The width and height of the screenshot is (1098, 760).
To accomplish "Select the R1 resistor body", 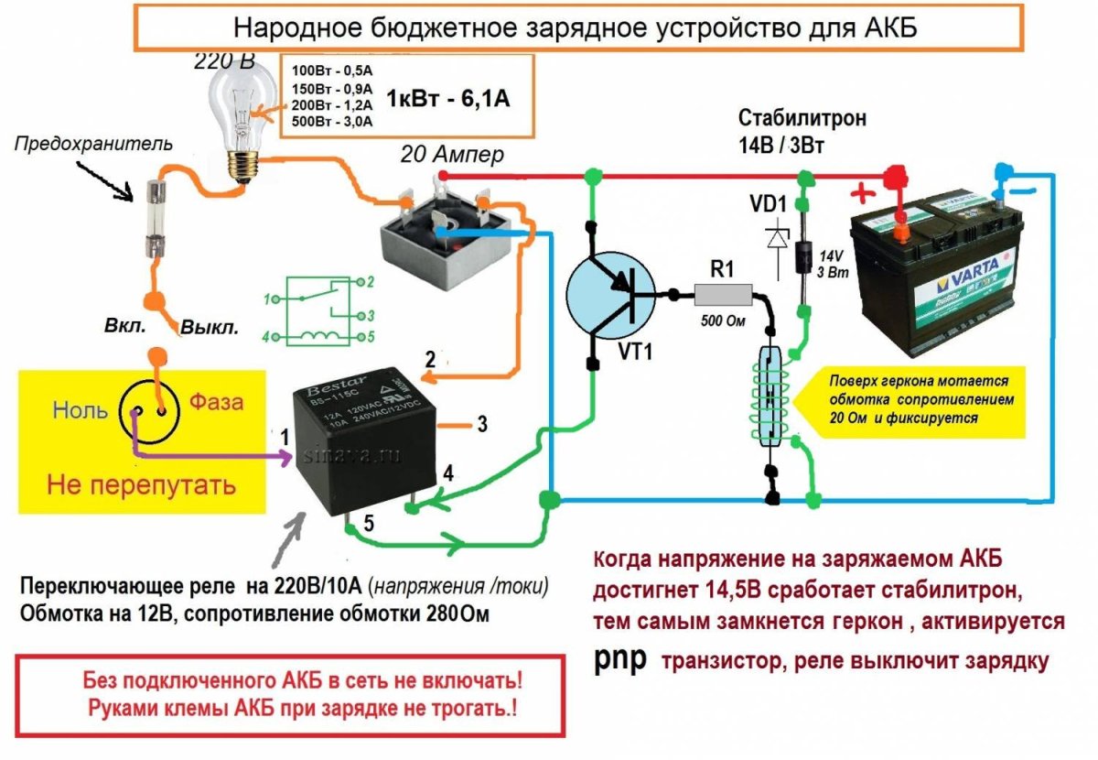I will (x=723, y=294).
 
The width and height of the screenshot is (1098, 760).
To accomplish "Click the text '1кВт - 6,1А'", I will (x=448, y=98).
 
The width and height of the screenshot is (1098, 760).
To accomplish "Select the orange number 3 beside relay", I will (x=481, y=424).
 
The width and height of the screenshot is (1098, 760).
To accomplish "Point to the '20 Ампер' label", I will (x=451, y=155).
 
